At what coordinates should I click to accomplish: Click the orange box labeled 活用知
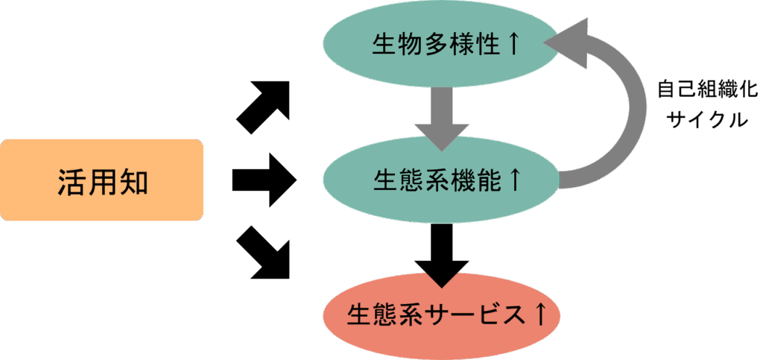102,180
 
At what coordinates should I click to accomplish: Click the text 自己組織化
706,91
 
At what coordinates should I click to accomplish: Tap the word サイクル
706,120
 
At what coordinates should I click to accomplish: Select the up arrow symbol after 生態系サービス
542,315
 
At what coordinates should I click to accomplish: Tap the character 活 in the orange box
72,181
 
